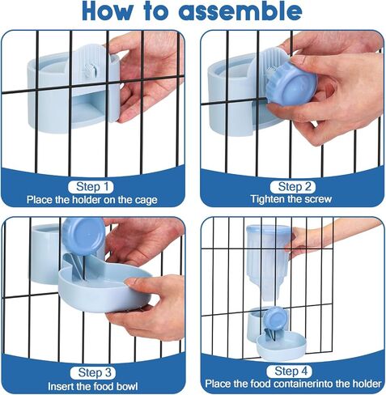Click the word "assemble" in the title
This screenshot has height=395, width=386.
pyautogui.click(x=240, y=11)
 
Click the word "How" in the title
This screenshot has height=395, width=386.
pyautogui.click(x=108, y=11)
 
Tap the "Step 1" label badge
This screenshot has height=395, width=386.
pyautogui.click(x=91, y=187)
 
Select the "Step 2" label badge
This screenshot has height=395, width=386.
pyautogui.click(x=293, y=186)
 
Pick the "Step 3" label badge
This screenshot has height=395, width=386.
pyautogui.click(x=93, y=372)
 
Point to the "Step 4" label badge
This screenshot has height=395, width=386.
pyautogui.click(x=289, y=372)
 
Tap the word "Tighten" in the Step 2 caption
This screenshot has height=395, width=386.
pyautogui.click(x=267, y=199)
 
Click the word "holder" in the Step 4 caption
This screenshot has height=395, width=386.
pyautogui.click(x=368, y=384)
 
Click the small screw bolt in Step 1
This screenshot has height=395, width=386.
pyautogui.click(x=90, y=70)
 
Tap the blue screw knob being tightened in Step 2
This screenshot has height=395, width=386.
pyautogui.click(x=291, y=83)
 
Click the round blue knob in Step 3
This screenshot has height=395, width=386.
pyautogui.click(x=83, y=236)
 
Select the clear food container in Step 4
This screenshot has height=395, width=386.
pyautogui.click(x=268, y=262)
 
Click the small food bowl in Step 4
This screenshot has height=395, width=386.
pyautogui.click(x=281, y=346)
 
